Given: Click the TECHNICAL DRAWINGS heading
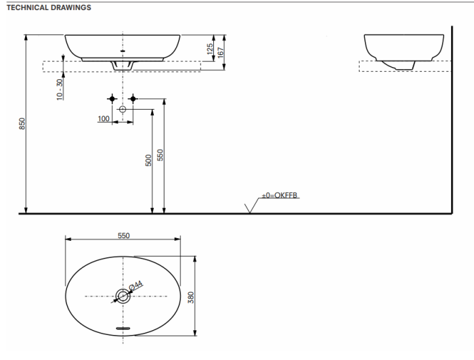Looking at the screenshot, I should point(47,7).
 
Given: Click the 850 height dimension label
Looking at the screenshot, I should point(21,124).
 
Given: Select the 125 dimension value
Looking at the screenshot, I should point(211,49).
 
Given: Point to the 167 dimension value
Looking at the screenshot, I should point(221,52).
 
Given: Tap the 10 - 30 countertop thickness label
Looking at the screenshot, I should point(60,89).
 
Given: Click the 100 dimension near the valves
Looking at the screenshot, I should point(104,119).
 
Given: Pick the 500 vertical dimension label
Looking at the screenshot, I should point(148,160).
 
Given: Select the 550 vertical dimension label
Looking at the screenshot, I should point(160,155).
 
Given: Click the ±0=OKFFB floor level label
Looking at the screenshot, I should point(280,196).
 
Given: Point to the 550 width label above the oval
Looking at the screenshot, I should point(123,236).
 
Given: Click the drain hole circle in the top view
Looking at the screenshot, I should point(123,296).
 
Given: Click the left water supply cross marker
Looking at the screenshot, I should point(112,99).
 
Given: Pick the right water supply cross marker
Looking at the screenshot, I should point(133,99).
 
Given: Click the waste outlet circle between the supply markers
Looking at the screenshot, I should point(123,108).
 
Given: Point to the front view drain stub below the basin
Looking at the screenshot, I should point(123,66).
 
